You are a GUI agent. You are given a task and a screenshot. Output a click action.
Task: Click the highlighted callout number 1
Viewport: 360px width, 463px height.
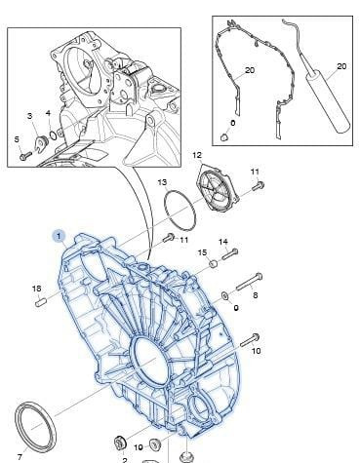pos(59,236)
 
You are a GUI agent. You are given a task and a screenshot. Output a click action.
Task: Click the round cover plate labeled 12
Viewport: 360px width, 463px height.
pos(219,187)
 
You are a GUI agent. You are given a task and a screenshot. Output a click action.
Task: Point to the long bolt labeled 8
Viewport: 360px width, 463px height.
pos(250,282)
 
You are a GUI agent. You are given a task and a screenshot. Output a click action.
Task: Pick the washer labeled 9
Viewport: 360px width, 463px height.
pos(225,295)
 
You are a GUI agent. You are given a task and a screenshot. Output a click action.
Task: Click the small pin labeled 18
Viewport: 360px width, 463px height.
pos(41,302)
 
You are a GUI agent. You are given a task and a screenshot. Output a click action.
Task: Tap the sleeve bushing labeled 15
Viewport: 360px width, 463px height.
pos(214,263)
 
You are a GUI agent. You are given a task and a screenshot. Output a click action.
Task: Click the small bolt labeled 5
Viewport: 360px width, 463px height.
pos(25,155)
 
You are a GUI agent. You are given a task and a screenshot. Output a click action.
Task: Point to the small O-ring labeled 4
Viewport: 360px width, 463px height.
pos(54,134)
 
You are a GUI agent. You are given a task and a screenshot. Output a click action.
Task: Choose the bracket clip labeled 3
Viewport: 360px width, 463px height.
pos(42,142)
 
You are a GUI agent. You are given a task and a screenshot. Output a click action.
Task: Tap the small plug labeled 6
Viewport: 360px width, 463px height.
pos(224,137)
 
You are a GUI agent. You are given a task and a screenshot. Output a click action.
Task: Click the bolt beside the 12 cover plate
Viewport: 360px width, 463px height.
pos(259,186)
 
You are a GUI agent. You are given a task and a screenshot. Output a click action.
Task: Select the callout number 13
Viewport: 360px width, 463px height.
pos(162,182)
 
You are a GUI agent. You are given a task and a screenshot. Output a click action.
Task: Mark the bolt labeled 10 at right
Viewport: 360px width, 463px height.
pos(250,339)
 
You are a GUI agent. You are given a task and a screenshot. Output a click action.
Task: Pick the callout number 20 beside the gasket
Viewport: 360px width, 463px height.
pos(250,70)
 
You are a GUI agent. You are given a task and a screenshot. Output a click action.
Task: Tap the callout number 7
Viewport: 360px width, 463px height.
pos(20,457)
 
